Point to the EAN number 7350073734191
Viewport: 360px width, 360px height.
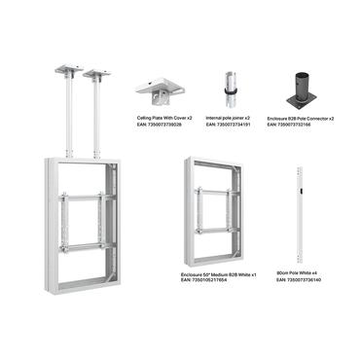(229, 125)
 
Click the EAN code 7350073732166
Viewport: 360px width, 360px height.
(301, 125)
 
